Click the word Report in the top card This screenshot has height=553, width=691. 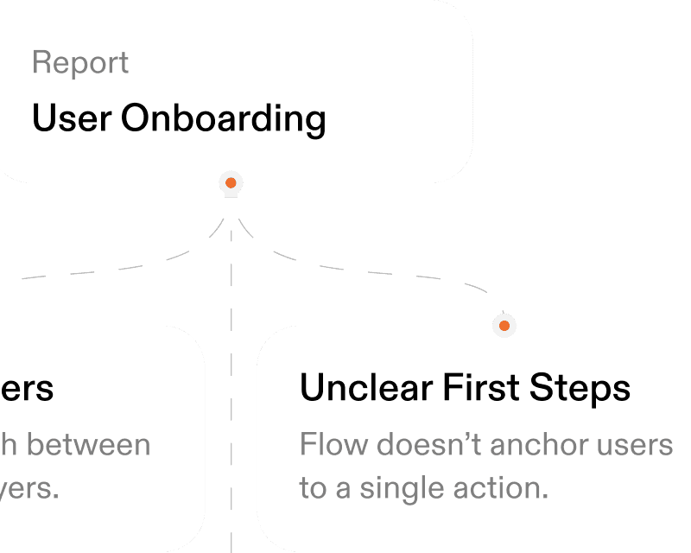80,63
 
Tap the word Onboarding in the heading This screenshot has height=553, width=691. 223,119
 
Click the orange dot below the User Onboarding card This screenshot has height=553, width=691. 231,183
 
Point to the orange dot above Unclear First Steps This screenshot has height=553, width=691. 504,326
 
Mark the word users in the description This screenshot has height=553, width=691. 636,446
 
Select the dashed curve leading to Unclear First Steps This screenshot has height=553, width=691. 363,269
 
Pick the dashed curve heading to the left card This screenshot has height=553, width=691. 121,269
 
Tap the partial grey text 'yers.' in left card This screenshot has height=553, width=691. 30,489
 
